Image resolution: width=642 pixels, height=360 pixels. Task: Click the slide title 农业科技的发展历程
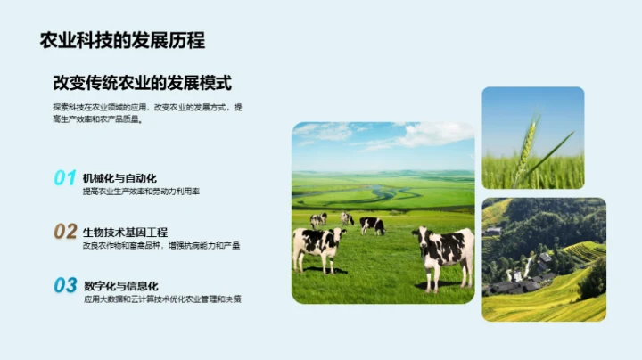click(122, 40)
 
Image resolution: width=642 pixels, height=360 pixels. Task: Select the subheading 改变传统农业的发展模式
click(142, 83)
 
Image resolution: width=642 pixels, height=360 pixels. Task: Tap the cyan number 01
click(64, 178)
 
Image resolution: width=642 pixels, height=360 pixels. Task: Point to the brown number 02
click(64, 232)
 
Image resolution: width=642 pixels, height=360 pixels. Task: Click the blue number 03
click(64, 285)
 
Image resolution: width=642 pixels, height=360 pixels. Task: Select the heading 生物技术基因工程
click(125, 232)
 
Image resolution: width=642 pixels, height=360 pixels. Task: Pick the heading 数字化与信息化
click(120, 285)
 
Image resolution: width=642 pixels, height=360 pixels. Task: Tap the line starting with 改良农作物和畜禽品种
click(160, 245)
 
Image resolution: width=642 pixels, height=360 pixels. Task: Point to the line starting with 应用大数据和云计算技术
click(161, 299)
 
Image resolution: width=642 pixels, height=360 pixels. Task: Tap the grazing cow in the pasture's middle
click(372, 225)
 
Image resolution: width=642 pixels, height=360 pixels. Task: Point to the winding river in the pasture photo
click(379, 192)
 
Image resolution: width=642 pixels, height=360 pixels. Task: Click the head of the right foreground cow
click(419, 238)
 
